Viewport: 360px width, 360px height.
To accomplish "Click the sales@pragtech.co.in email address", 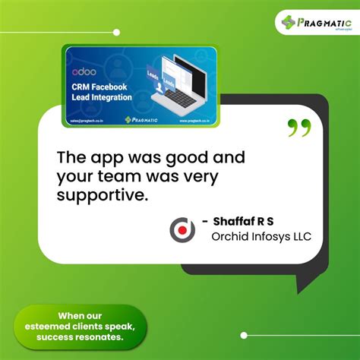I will (86, 120).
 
